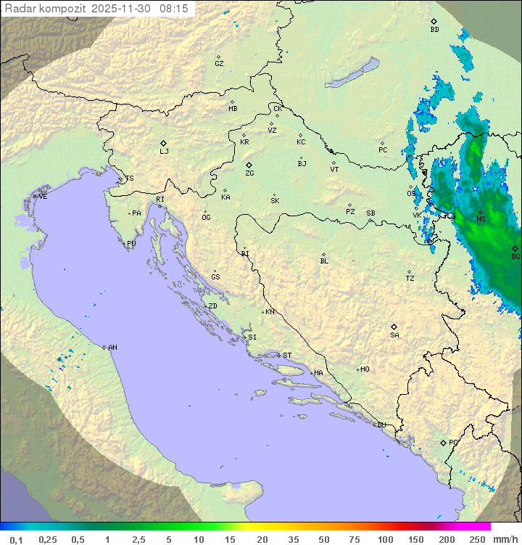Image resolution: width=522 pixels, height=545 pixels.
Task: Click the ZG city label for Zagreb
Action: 249,173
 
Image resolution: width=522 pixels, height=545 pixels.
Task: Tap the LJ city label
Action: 164,152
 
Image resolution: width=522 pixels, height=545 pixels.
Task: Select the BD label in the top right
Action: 434,30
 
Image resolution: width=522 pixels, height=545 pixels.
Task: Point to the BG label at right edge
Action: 515,257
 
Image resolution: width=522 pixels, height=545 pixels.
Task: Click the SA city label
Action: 394,335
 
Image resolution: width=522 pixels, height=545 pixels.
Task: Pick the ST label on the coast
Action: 287,356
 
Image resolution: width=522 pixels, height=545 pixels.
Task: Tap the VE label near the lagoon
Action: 43,197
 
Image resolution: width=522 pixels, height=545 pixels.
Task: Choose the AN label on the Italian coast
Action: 112,348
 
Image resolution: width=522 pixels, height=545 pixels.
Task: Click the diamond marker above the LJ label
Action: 164,143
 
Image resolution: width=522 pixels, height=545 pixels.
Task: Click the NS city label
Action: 481,218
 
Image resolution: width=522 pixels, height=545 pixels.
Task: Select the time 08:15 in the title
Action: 174,8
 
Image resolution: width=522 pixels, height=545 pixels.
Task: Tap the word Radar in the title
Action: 20,8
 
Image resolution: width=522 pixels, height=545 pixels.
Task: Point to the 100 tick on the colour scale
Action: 385,539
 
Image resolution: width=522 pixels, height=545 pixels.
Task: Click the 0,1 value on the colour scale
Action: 16,539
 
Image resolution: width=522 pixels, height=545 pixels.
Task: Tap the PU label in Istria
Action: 131,244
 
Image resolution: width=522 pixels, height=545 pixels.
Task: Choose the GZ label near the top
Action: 219,64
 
